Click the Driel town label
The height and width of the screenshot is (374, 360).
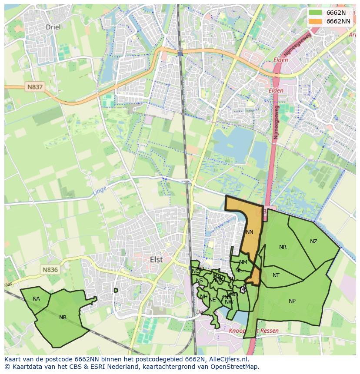pyautogui.click(x=53, y=27)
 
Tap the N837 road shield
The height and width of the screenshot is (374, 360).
pyautogui.click(x=35, y=87)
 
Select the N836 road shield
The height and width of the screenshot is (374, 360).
pyautogui.click(x=50, y=270)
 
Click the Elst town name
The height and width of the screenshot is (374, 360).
pyautogui.click(x=156, y=259)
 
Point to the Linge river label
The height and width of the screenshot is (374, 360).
pyautogui.click(x=99, y=190)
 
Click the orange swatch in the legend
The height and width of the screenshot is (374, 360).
pyautogui.click(x=316, y=21)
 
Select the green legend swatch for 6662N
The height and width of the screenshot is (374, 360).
pyautogui.click(x=316, y=13)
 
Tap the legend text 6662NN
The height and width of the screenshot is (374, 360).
pyautogui.click(x=338, y=21)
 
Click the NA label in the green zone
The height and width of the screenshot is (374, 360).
pyautogui.click(x=36, y=298)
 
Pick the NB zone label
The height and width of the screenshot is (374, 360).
pyautogui.click(x=63, y=318)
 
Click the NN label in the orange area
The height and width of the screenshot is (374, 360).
pyautogui.click(x=249, y=232)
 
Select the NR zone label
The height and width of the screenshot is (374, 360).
pyautogui.click(x=283, y=247)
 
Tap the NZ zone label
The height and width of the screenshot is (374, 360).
pyautogui.click(x=313, y=242)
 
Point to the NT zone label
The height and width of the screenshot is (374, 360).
pyautogui.click(x=276, y=275)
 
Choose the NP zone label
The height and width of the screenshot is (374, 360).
pyautogui.click(x=292, y=301)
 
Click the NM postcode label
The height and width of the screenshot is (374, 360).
pyautogui.click(x=243, y=262)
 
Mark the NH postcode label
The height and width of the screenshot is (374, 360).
pyautogui.click(x=203, y=297)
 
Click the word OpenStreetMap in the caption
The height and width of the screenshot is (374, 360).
pyautogui.click(x=237, y=367)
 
